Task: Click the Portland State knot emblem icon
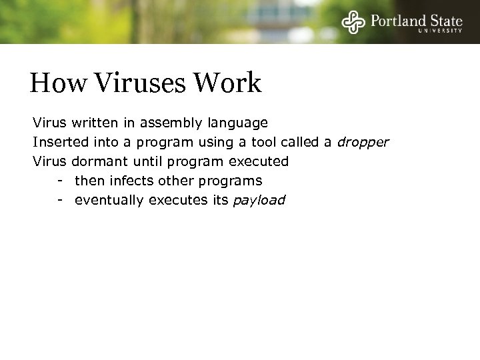353,22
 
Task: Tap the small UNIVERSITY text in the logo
440,31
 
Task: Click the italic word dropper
363,142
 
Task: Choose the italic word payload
259,200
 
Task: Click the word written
95,123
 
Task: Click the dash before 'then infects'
60,181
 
